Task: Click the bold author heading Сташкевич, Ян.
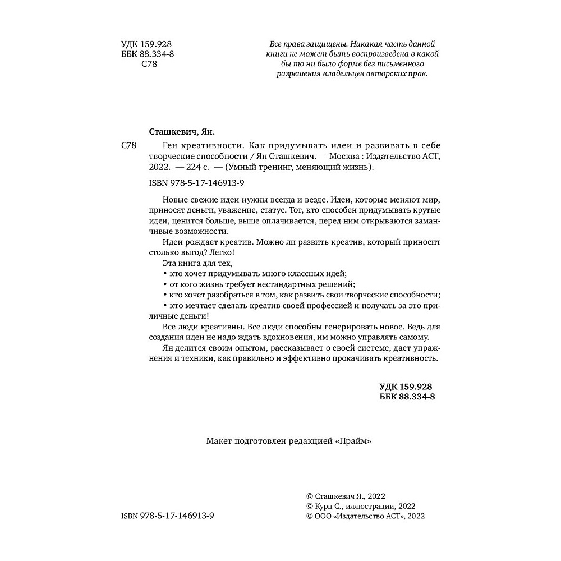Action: (x=181, y=133)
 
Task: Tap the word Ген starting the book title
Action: (x=158, y=146)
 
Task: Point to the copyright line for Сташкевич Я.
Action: (x=346, y=495)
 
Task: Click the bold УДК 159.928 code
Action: (x=406, y=387)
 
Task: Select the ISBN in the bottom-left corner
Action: (x=168, y=516)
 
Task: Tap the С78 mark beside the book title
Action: (x=129, y=146)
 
